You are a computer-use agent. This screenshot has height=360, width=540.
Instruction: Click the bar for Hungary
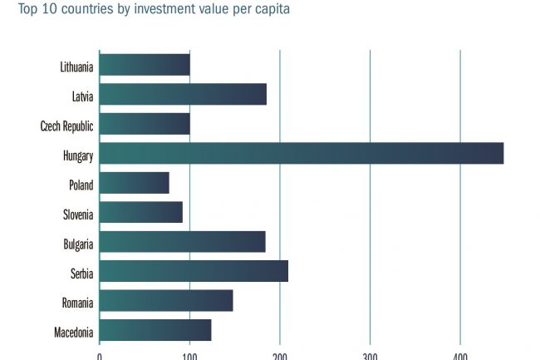(301, 154)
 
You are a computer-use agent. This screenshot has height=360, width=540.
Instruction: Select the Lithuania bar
(145, 65)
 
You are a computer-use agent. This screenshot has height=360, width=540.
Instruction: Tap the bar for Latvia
(183, 95)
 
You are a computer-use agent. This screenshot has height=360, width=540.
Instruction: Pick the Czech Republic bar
(145, 124)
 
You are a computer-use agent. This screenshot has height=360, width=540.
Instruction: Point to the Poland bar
(134, 183)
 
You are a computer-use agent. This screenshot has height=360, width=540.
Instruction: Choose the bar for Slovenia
(140, 213)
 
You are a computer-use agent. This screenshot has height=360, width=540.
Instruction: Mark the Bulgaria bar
(182, 242)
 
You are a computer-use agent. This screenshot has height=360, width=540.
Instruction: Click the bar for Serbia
(194, 272)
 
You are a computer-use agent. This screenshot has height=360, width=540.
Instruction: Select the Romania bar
(166, 301)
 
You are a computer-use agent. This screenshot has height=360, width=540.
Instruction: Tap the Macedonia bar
(155, 330)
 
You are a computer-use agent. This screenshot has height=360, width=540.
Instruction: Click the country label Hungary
(77, 155)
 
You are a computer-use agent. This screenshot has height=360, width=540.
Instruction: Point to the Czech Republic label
(66, 126)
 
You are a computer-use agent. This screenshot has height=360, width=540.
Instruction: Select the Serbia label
(82, 274)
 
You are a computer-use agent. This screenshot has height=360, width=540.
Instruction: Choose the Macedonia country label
(73, 333)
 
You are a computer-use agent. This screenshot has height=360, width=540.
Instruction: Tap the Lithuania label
(76, 67)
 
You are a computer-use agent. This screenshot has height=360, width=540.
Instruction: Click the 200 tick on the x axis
(279, 355)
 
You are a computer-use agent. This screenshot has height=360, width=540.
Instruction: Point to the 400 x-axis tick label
(460, 355)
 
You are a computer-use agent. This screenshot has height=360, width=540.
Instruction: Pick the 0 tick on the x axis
(100, 355)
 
